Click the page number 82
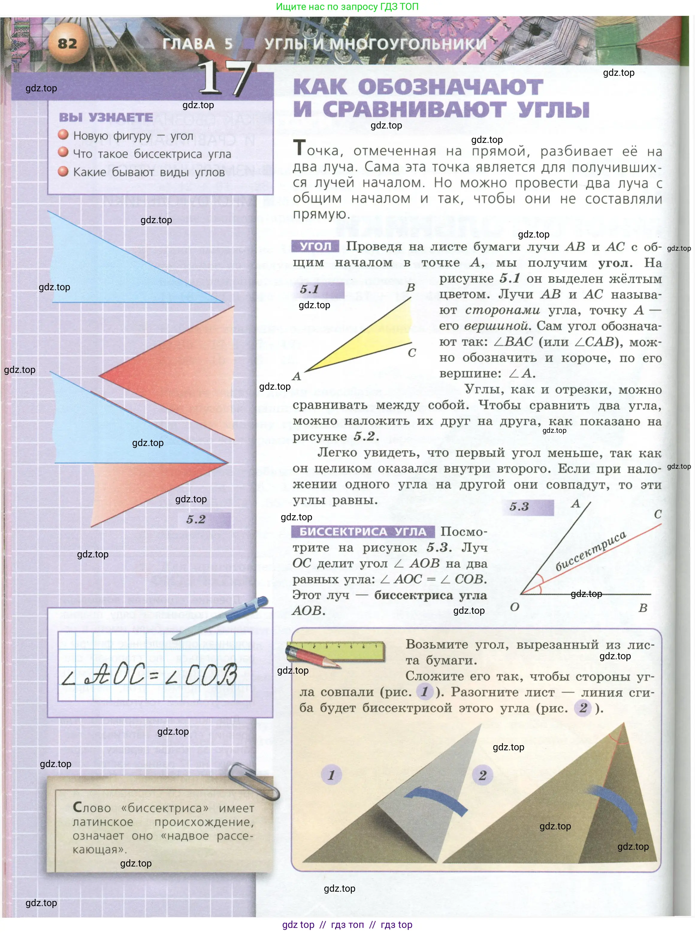(x=67, y=43)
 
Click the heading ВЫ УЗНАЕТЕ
(x=106, y=117)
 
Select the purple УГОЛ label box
(x=315, y=246)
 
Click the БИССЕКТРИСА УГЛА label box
(x=363, y=532)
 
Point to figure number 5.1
(x=310, y=289)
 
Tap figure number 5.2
(x=196, y=519)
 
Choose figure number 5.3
(x=519, y=506)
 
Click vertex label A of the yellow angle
(x=297, y=376)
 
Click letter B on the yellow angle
(x=411, y=288)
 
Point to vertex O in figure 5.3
(x=515, y=607)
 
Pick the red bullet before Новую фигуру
(x=63, y=134)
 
